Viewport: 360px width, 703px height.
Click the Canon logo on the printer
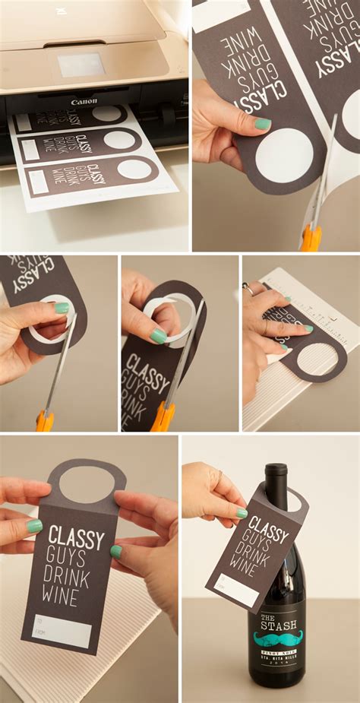coord(84,101)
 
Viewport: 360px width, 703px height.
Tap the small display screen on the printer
coord(81,65)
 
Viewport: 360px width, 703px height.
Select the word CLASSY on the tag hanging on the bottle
coord(268,527)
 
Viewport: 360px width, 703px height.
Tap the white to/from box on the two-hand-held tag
coord(61,630)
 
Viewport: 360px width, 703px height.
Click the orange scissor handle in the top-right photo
coord(310,238)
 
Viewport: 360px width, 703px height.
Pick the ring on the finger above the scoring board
coord(248,289)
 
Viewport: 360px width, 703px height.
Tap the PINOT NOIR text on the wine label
coord(277,652)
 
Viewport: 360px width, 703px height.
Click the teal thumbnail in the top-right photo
coord(262,124)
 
